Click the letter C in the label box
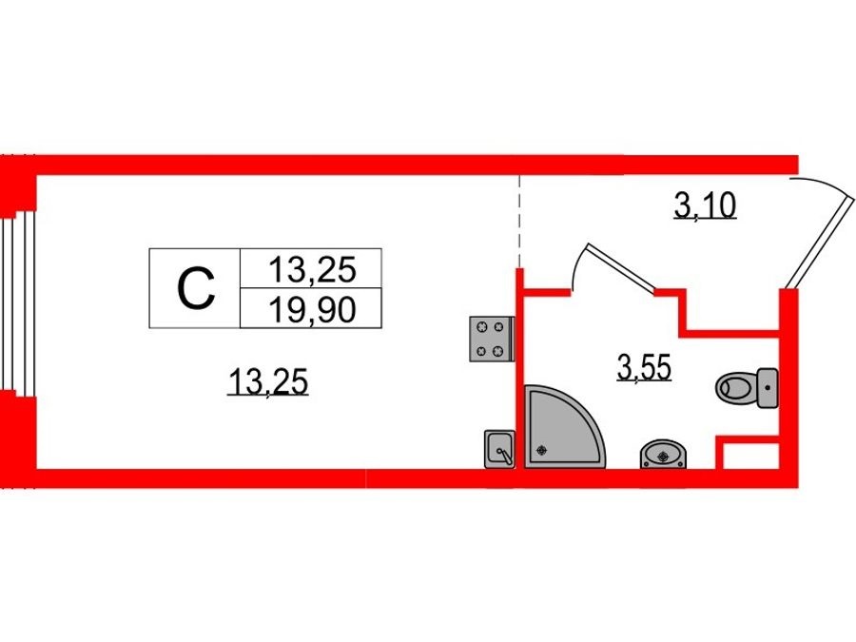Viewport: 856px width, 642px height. tap(196, 289)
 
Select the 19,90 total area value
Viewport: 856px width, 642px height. tap(312, 309)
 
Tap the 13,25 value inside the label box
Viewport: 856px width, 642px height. tap(312, 270)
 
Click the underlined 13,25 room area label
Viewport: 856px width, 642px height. tap(268, 381)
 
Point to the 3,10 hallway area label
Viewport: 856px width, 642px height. tap(706, 206)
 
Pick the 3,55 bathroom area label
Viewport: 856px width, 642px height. tap(644, 367)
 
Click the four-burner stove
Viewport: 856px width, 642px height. tap(492, 339)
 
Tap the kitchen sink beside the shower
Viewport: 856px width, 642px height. tap(499, 449)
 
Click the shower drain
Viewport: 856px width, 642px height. tap(541, 450)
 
